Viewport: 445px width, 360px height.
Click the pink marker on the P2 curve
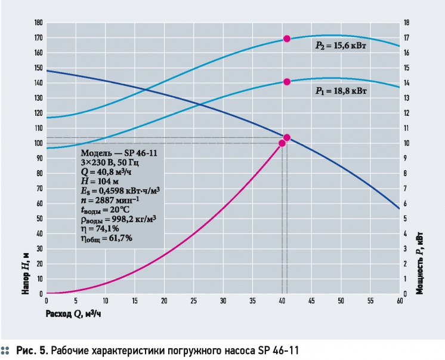click(287, 39)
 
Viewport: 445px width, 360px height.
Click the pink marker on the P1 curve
click(287, 82)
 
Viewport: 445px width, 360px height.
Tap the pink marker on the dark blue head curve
click(287, 137)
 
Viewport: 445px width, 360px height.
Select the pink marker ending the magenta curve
click(282, 143)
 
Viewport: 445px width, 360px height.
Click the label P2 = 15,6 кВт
click(341, 46)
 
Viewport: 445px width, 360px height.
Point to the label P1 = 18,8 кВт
click(341, 91)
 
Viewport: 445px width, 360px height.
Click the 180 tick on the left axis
click(38, 23)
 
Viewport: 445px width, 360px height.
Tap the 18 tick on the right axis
click(406, 23)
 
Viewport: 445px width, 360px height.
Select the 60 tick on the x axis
click(400, 301)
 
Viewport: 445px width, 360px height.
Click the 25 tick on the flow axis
click(193, 301)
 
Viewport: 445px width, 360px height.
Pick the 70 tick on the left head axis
click(39, 189)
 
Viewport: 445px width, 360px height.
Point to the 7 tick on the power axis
click(405, 189)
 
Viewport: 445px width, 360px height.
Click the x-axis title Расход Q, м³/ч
click(73, 313)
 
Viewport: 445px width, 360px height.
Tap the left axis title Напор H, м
click(26, 273)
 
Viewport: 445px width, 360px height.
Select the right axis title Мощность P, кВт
click(419, 263)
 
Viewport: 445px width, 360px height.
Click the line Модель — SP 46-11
click(119, 153)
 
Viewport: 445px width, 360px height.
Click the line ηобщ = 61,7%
click(106, 238)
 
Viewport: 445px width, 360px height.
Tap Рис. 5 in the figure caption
click(32, 350)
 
